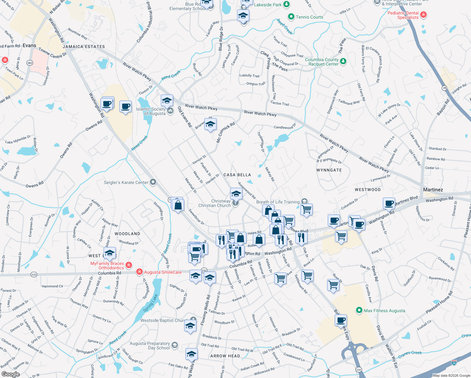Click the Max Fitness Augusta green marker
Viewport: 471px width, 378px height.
[359, 311]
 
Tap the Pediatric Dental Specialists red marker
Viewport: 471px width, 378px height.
[423, 14]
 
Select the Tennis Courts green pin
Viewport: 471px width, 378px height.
[291, 17]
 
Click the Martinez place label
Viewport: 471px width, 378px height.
[433, 190]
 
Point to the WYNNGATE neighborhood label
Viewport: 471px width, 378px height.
[329, 170]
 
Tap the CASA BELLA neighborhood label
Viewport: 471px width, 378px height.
[237, 175]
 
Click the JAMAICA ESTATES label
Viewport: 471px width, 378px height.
[84, 47]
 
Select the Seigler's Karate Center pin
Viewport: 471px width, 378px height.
[153, 182]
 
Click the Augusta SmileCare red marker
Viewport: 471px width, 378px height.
[139, 272]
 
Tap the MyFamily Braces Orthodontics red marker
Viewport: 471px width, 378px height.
[128, 265]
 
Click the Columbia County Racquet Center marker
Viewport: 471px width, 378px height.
[343, 61]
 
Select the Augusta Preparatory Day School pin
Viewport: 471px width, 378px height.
[175, 345]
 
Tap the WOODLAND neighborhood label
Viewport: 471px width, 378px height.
[127, 234]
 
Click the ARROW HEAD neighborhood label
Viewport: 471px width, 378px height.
[225, 356]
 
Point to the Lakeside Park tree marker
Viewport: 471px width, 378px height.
[286, 4]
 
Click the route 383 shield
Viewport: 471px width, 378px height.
[30, 63]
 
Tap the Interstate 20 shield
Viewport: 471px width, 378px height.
[454, 363]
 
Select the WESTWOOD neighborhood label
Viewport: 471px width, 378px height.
[367, 190]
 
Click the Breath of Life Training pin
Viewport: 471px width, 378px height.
[304, 201]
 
